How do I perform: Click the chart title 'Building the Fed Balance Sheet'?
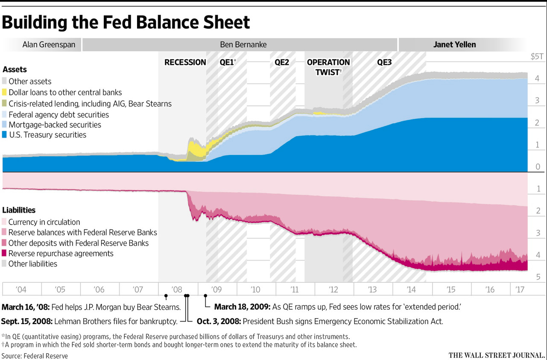coord(126,22)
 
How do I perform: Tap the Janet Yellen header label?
coord(454,44)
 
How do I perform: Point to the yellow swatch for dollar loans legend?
coord(5,92)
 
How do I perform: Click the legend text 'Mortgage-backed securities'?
coord(55,125)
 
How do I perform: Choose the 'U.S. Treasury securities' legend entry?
coord(47,135)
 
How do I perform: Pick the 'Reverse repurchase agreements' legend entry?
coord(61,253)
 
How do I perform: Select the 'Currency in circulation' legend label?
coord(44,222)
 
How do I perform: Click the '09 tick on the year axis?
coord(216,290)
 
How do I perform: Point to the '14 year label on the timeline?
coord(411,290)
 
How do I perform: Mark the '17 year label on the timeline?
coord(519,290)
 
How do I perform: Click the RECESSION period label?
coord(185,62)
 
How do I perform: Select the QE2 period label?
coord(282,62)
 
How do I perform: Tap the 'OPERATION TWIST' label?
coord(328,67)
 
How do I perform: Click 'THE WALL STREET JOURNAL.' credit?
coord(497,355)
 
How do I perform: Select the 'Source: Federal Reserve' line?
coord(35,355)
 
